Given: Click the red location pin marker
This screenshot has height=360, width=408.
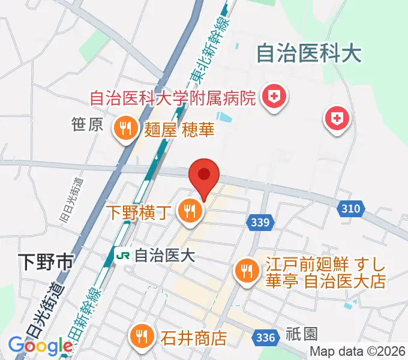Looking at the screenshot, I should point(204,175).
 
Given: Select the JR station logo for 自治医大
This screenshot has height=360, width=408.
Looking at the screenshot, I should point(122,256).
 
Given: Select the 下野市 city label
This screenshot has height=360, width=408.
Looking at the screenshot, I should point(45,262).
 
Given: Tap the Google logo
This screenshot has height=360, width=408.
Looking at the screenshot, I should point(40,346).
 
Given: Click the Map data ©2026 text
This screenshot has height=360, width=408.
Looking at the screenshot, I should point(358,352).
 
